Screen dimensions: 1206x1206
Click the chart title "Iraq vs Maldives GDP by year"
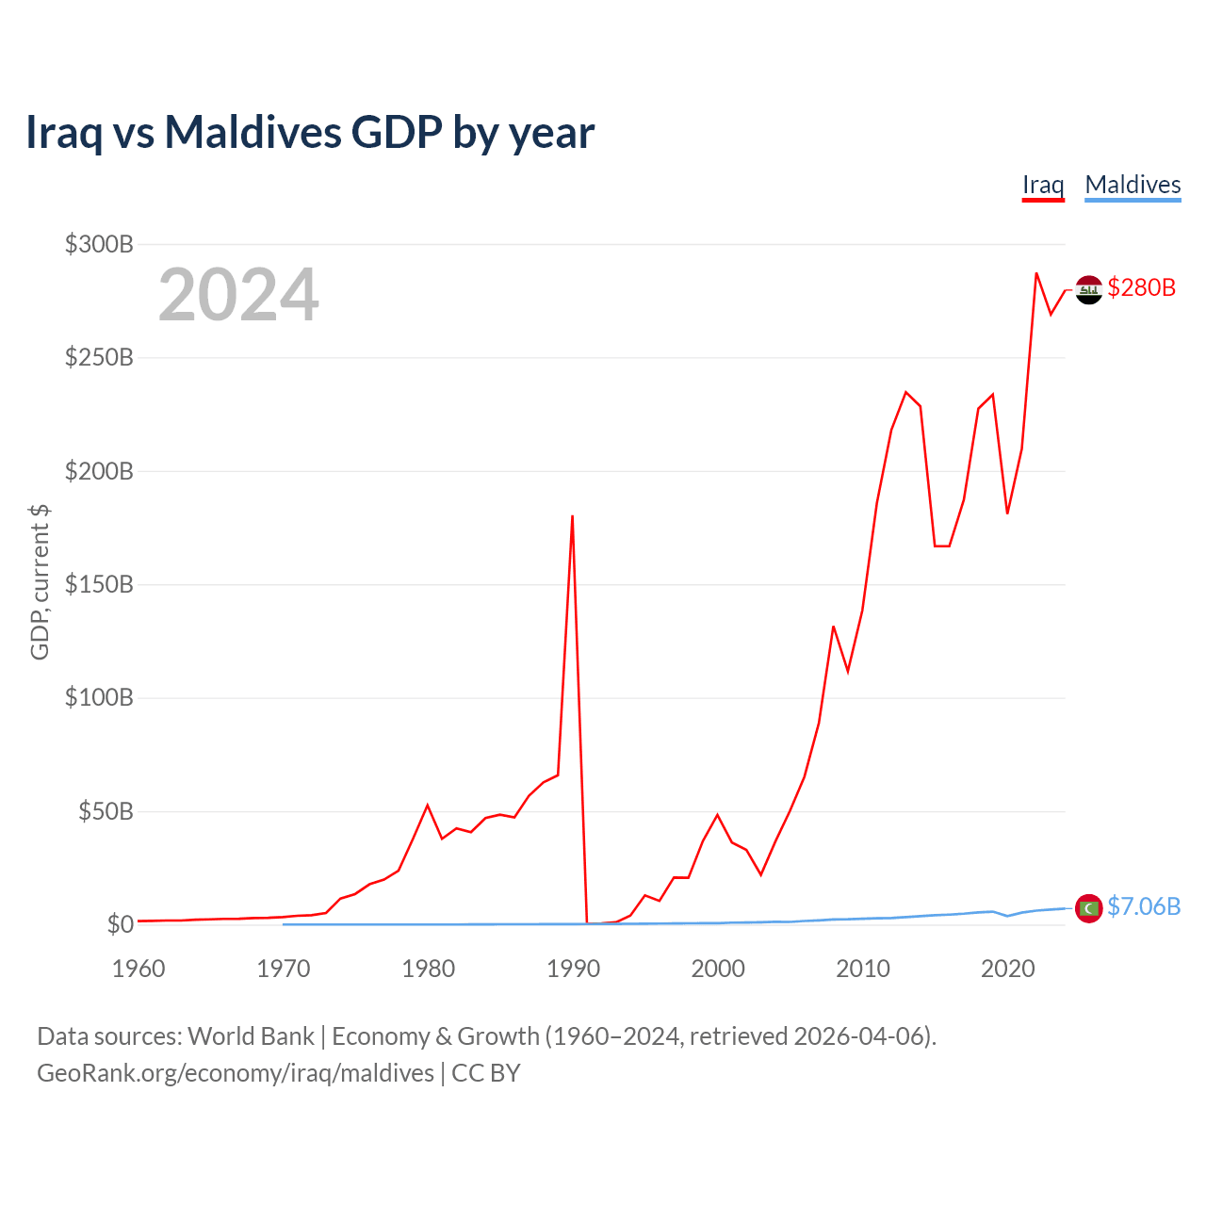tap(310, 133)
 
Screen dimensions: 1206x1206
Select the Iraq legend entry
tap(1043, 185)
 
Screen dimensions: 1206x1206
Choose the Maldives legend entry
tap(1133, 185)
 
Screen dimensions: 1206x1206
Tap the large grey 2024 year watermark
tap(238, 296)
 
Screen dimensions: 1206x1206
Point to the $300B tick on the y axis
tap(99, 245)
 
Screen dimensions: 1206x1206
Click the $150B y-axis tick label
tap(99, 585)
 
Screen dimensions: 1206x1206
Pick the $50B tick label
tap(106, 811)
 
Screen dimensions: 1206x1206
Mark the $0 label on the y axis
tap(120, 924)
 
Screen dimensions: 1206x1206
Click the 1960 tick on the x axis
tap(139, 969)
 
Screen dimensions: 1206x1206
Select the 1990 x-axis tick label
tap(573, 969)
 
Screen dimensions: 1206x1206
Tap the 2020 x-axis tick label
tap(1007, 969)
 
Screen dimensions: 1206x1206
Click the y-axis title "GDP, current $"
tap(40, 582)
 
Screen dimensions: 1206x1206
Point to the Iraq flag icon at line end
tap(1088, 290)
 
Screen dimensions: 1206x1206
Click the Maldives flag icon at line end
tap(1088, 908)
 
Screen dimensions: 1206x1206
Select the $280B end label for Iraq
tap(1141, 287)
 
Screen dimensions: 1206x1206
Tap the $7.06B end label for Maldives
tap(1143, 906)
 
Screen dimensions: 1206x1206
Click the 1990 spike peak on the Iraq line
tap(572, 516)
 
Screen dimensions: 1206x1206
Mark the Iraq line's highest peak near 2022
tap(1036, 273)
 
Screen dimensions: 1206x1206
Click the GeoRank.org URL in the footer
tap(236, 1073)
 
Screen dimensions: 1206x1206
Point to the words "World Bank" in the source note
tap(251, 1036)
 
